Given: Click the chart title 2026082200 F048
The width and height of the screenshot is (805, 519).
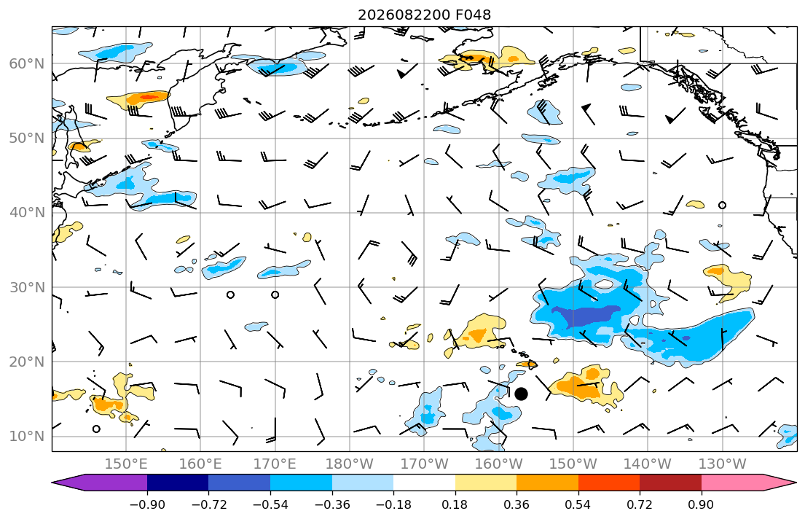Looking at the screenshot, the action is [x=424, y=15].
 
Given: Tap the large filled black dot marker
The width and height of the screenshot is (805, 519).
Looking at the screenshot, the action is [x=521, y=394].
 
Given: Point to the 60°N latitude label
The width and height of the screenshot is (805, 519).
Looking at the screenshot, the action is [x=27, y=63].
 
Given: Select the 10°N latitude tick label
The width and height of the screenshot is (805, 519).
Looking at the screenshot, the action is [x=27, y=437].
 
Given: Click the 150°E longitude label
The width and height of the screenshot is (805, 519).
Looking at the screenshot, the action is [x=126, y=464].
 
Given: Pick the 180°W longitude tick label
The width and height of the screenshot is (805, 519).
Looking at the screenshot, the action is [x=350, y=464].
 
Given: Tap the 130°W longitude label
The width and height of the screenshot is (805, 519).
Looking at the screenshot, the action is [x=723, y=464].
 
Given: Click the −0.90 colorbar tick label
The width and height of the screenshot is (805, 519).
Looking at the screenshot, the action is [x=147, y=505].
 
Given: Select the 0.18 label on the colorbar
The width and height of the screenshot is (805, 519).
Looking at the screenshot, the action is [x=455, y=505].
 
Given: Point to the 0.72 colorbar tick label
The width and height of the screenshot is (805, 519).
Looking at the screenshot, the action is [x=640, y=505].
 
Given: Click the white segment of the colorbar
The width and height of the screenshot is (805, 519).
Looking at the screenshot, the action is [x=424, y=483].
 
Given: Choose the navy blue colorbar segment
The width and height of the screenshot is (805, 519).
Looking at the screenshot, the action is [x=178, y=483].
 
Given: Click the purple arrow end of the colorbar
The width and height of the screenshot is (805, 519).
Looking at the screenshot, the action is [x=100, y=483].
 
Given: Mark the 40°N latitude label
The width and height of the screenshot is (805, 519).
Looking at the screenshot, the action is [x=27, y=213].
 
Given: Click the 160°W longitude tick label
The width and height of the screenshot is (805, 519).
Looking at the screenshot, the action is [x=499, y=464].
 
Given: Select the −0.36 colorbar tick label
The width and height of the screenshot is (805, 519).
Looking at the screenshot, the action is [x=331, y=505].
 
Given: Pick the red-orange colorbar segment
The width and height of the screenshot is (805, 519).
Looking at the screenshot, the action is [x=609, y=483].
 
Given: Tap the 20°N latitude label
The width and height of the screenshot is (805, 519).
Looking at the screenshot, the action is [x=27, y=362].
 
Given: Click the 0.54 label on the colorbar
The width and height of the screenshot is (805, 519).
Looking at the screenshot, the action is [x=578, y=505].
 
